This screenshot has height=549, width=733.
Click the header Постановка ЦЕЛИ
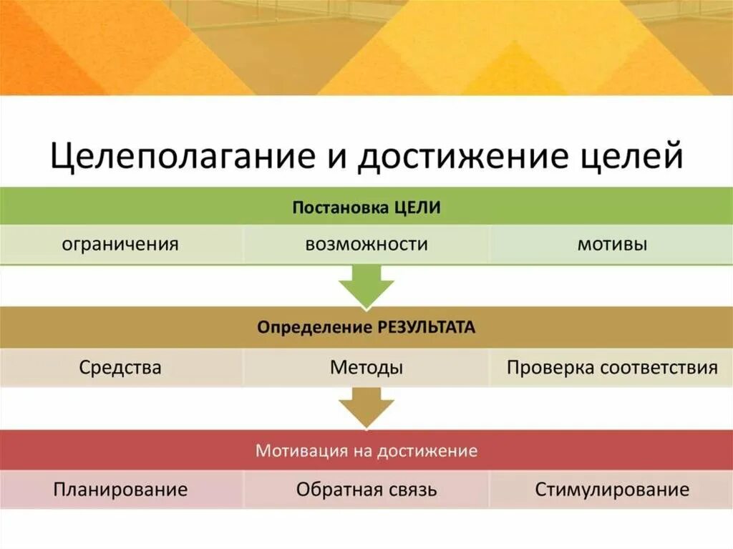tap(366, 208)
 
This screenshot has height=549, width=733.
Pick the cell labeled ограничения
tap(120, 244)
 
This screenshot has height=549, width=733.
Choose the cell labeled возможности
tap(366, 244)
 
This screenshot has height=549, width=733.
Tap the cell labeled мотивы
tap(612, 244)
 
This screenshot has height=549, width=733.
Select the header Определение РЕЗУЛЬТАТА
tap(366, 328)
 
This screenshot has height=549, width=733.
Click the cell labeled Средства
tap(120, 368)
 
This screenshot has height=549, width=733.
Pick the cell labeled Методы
tap(366, 368)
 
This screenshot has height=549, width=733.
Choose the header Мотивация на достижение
tap(366, 451)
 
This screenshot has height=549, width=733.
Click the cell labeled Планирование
tap(120, 490)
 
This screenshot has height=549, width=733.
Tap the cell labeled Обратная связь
tap(366, 490)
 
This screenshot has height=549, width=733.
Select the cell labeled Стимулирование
tap(612, 490)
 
